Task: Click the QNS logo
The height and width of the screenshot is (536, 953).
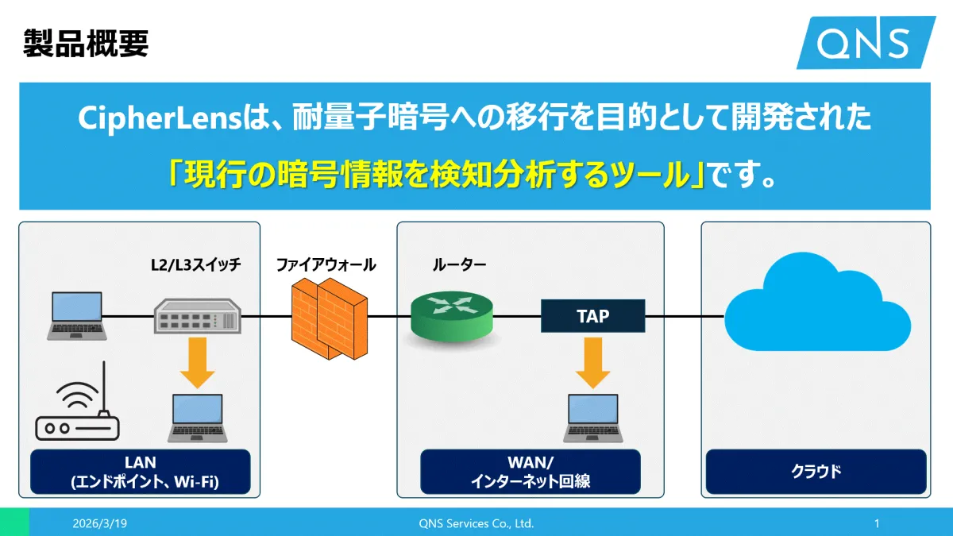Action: coord(866,42)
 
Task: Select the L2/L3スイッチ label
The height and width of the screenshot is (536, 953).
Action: coord(195,265)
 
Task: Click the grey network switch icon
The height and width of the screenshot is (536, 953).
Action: coord(196,316)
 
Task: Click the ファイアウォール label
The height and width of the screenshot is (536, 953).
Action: coord(326,265)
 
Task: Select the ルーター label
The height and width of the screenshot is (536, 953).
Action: coord(459,265)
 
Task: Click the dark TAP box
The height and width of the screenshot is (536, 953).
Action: coord(592,316)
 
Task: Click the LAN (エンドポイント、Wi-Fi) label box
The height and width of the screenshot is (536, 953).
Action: coord(140,472)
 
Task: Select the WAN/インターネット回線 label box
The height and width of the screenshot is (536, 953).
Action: coord(530,472)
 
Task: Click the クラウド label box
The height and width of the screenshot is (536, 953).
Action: coord(816,472)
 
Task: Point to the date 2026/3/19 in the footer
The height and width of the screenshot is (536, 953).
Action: coord(99,524)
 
